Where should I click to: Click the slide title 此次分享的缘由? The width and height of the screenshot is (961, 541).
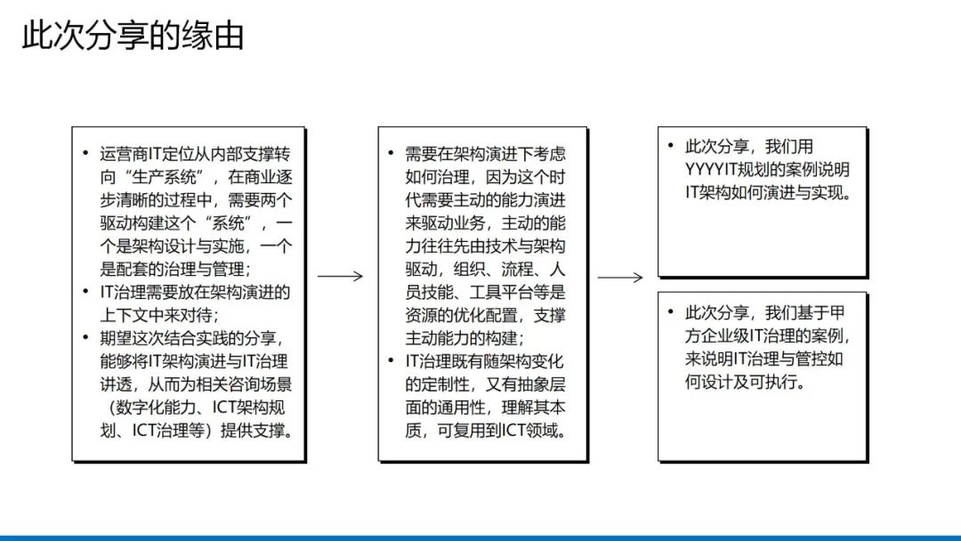(133, 36)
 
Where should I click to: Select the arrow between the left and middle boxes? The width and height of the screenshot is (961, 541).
(340, 277)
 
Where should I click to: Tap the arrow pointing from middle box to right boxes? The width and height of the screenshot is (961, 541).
(619, 278)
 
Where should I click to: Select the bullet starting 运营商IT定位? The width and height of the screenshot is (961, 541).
(191, 154)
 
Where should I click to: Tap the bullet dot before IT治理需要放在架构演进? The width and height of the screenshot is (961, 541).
(85, 292)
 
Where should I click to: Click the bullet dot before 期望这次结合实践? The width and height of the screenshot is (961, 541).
(85, 338)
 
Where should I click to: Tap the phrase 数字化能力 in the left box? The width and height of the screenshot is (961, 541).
(147, 408)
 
